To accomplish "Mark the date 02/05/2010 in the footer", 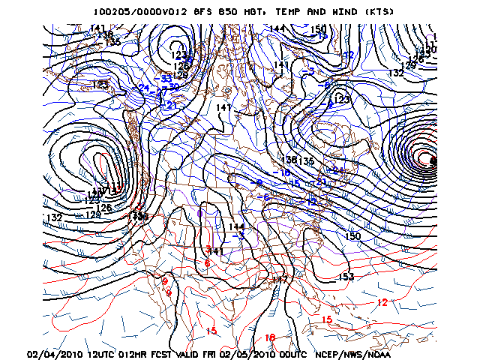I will pos(249,354).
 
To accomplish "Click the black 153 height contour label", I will pos(346,277).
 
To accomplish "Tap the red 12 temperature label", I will pos(382,302).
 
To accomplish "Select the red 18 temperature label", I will pos(271,338).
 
